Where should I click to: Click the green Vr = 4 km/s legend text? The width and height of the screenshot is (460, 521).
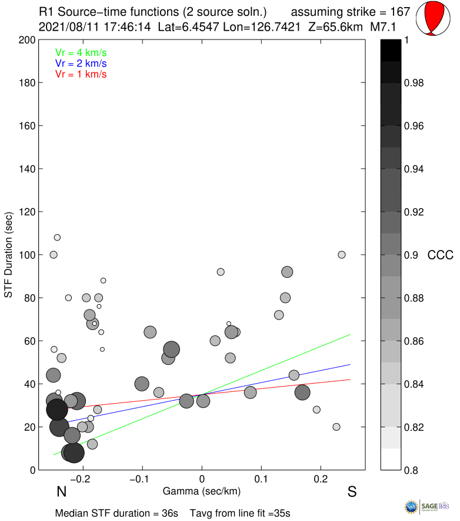click(x=81, y=52)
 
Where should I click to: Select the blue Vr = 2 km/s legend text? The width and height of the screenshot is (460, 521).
click(x=81, y=63)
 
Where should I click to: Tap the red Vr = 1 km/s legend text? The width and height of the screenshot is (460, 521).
click(x=81, y=74)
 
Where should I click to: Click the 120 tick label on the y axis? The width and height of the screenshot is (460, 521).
click(x=26, y=212)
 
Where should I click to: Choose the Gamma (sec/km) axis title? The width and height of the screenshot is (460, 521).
click(x=202, y=490)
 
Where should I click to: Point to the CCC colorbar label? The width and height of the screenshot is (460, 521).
click(x=441, y=255)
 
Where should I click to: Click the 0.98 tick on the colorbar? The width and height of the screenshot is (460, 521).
click(x=414, y=83)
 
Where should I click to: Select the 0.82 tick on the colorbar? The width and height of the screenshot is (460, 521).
click(x=414, y=427)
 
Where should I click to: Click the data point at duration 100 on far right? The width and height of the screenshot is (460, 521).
click(x=342, y=255)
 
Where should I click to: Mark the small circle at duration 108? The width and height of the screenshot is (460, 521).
click(x=57, y=238)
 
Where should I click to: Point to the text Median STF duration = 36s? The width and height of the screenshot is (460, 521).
click(x=116, y=513)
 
